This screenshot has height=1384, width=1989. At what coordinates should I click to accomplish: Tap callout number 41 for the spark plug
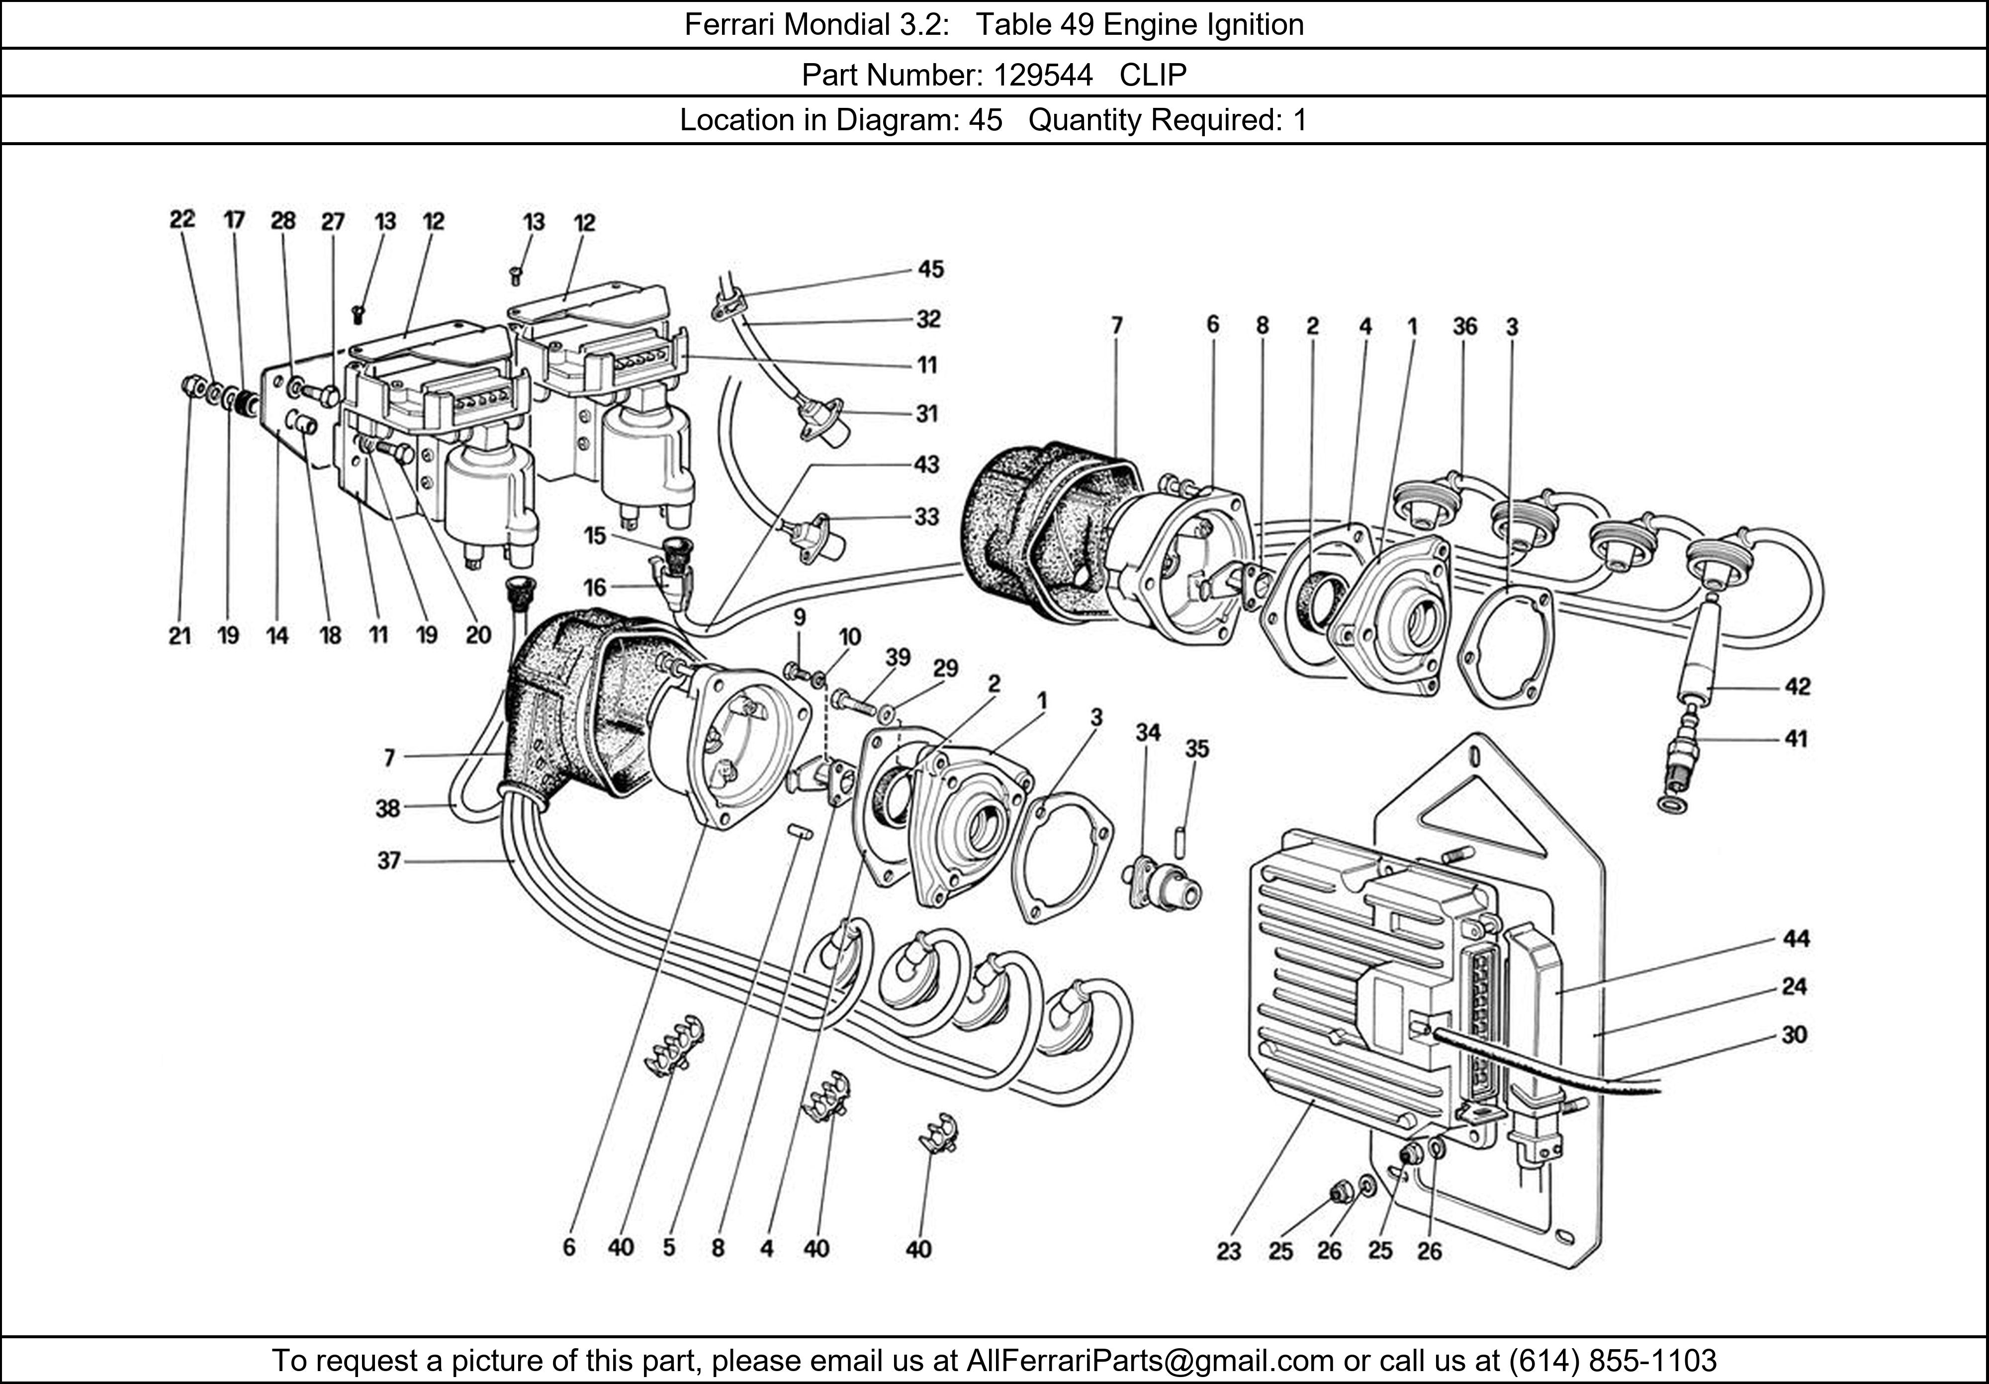coord(1796,739)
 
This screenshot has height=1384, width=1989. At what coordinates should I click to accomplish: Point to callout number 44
coord(1796,938)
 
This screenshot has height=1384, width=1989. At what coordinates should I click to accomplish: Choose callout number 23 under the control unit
coord(1228,1251)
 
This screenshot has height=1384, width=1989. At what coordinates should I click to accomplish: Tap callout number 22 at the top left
coord(182,219)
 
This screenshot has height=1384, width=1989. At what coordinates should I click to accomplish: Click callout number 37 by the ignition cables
coord(389,861)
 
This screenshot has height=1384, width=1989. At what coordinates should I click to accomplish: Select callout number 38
coord(387,808)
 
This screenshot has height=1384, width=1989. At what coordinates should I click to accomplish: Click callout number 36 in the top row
coord(1464,327)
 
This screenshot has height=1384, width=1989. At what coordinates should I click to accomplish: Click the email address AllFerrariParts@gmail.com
coord(1150,1361)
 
